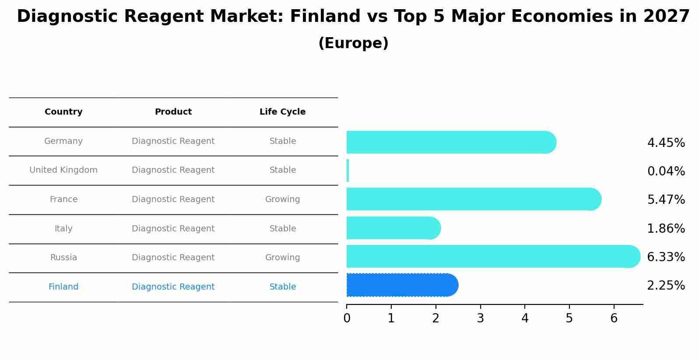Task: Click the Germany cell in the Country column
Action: [x=63, y=141]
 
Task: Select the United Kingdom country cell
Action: [x=63, y=170]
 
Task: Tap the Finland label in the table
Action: [x=63, y=287]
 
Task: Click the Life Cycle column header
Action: [x=282, y=112]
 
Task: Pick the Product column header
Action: [x=173, y=112]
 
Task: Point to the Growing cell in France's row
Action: [x=282, y=199]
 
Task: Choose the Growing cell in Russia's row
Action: [x=282, y=258]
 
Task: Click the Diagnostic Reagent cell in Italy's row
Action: [x=173, y=229]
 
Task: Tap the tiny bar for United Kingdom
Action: [x=348, y=171]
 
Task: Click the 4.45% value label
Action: [x=666, y=143]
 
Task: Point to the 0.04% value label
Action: [x=666, y=171]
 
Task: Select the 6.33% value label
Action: [x=666, y=257]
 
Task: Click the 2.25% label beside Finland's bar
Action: [x=666, y=286]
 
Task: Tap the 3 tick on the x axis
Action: [x=480, y=318]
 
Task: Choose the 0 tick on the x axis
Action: [x=347, y=318]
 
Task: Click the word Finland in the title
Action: [x=317, y=17]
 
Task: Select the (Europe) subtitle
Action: [x=353, y=43]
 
